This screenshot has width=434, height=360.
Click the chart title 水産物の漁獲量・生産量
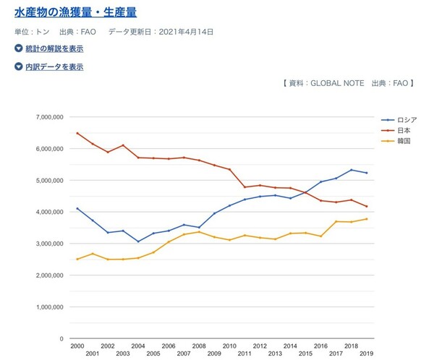point(76,13)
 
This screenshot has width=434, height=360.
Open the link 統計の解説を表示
point(54,48)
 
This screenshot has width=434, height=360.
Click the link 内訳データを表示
point(54,67)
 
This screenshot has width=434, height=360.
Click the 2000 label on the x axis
point(77,346)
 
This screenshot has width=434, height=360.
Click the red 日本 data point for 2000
point(77,133)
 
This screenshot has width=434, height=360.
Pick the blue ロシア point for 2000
point(77,208)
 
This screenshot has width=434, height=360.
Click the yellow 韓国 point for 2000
point(77,259)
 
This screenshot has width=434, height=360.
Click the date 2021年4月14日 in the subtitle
point(187,33)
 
